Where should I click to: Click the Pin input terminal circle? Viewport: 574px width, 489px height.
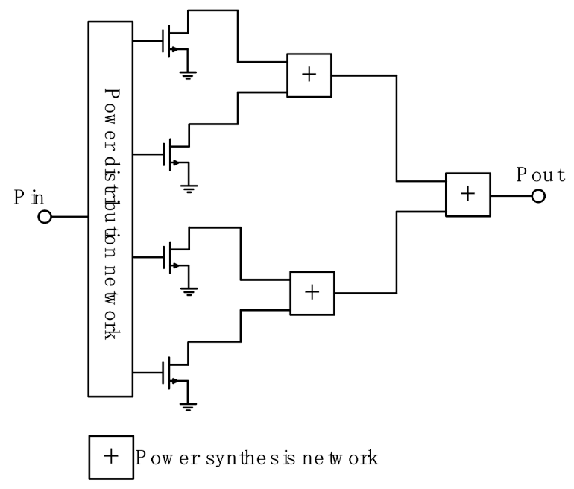coord(44,217)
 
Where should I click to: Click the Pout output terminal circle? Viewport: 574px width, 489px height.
coord(538,195)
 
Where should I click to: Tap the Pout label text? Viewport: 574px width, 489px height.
coord(540,175)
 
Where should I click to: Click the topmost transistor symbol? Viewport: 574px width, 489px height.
coord(173,42)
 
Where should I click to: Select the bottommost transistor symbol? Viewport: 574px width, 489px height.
coord(173,370)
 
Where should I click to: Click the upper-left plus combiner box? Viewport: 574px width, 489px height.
coord(309,75)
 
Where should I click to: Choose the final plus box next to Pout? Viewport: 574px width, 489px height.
coord(467,194)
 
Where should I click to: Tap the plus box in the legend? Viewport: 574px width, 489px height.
coord(111,456)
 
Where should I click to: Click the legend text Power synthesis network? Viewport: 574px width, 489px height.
coord(257,457)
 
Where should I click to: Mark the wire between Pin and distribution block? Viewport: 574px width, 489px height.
coord(69,217)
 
